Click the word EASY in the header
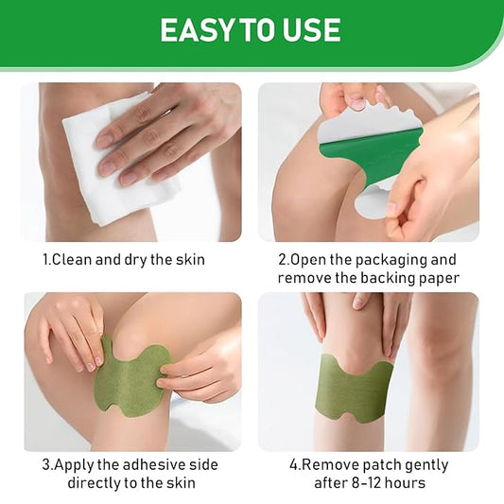click(x=197, y=30)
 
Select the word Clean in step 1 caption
click(x=71, y=259)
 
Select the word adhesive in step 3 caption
click(x=155, y=465)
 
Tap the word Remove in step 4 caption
click(x=328, y=465)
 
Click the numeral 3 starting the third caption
click(x=46, y=465)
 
